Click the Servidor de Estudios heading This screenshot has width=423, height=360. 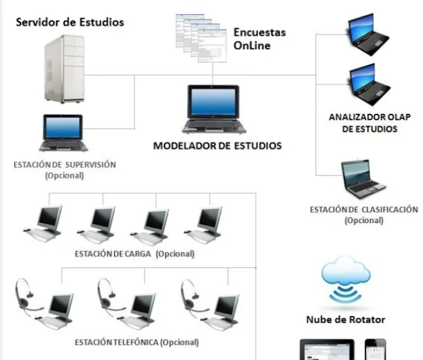click(70, 23)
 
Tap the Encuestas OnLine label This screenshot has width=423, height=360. click(260, 38)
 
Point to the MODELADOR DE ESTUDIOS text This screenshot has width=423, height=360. click(217, 146)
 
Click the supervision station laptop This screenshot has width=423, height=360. click(64, 133)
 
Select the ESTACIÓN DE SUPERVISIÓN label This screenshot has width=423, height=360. click(65, 165)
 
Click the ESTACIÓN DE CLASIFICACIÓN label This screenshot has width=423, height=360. click(364, 210)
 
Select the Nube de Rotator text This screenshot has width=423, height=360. click(345, 319)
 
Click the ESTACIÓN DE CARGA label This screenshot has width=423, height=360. click(135, 254)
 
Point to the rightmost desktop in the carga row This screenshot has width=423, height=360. click(206, 224)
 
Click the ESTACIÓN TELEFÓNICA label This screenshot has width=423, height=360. click(137, 342)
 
